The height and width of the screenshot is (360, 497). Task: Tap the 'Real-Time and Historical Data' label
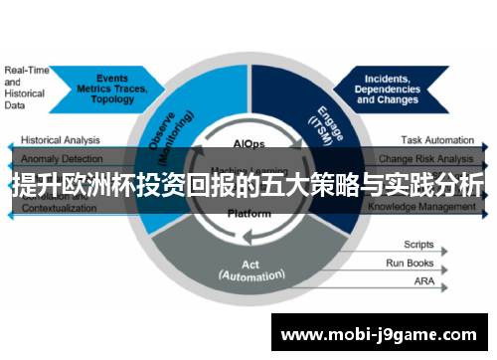(x=26, y=87)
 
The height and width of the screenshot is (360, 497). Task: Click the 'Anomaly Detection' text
(x=61, y=157)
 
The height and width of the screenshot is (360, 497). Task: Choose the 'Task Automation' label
(x=437, y=140)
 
